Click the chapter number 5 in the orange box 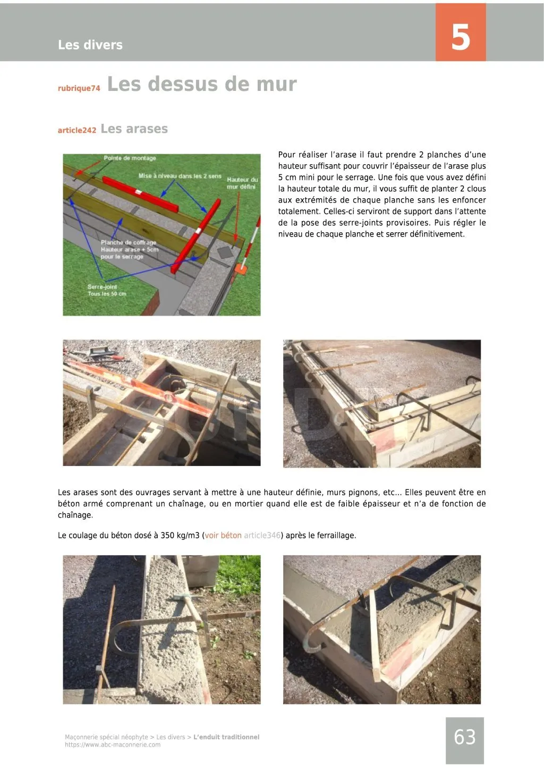(x=461, y=37)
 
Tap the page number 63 (x=464, y=737)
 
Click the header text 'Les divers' (x=90, y=45)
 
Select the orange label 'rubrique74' (x=79, y=88)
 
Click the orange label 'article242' (x=77, y=130)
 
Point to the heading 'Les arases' (x=134, y=129)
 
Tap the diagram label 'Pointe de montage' (x=130, y=158)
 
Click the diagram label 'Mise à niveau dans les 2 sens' (x=180, y=176)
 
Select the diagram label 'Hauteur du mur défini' (x=242, y=183)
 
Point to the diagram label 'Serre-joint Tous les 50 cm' (x=107, y=290)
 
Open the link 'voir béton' (x=223, y=536)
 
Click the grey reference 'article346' (x=262, y=536)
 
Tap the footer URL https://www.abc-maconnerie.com (x=113, y=744)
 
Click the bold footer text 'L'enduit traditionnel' (x=226, y=737)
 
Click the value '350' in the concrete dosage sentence (x=168, y=536)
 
